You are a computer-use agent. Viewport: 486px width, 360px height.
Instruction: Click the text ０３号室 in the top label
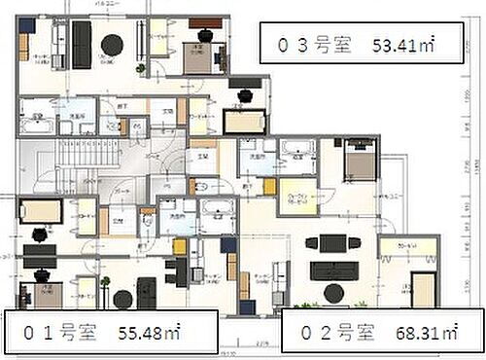[x=306, y=44]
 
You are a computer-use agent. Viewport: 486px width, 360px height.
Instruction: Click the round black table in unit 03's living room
[x=113, y=44]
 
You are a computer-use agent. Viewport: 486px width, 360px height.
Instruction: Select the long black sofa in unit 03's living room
[x=81, y=39]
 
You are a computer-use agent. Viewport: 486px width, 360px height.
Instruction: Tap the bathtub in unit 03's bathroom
[x=40, y=126]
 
